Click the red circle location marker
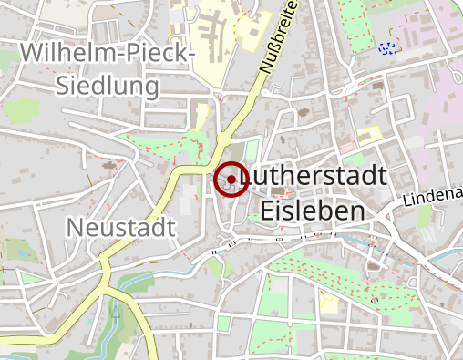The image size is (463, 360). pos(231,180)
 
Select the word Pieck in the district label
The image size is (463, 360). pos(158,54)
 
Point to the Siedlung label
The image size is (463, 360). pos(108,86)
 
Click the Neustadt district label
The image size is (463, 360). pos(120,227)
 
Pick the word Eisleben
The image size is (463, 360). pos(313,211)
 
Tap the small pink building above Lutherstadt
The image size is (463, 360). pos(348,146)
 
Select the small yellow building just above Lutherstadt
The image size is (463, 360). pos(369,135)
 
